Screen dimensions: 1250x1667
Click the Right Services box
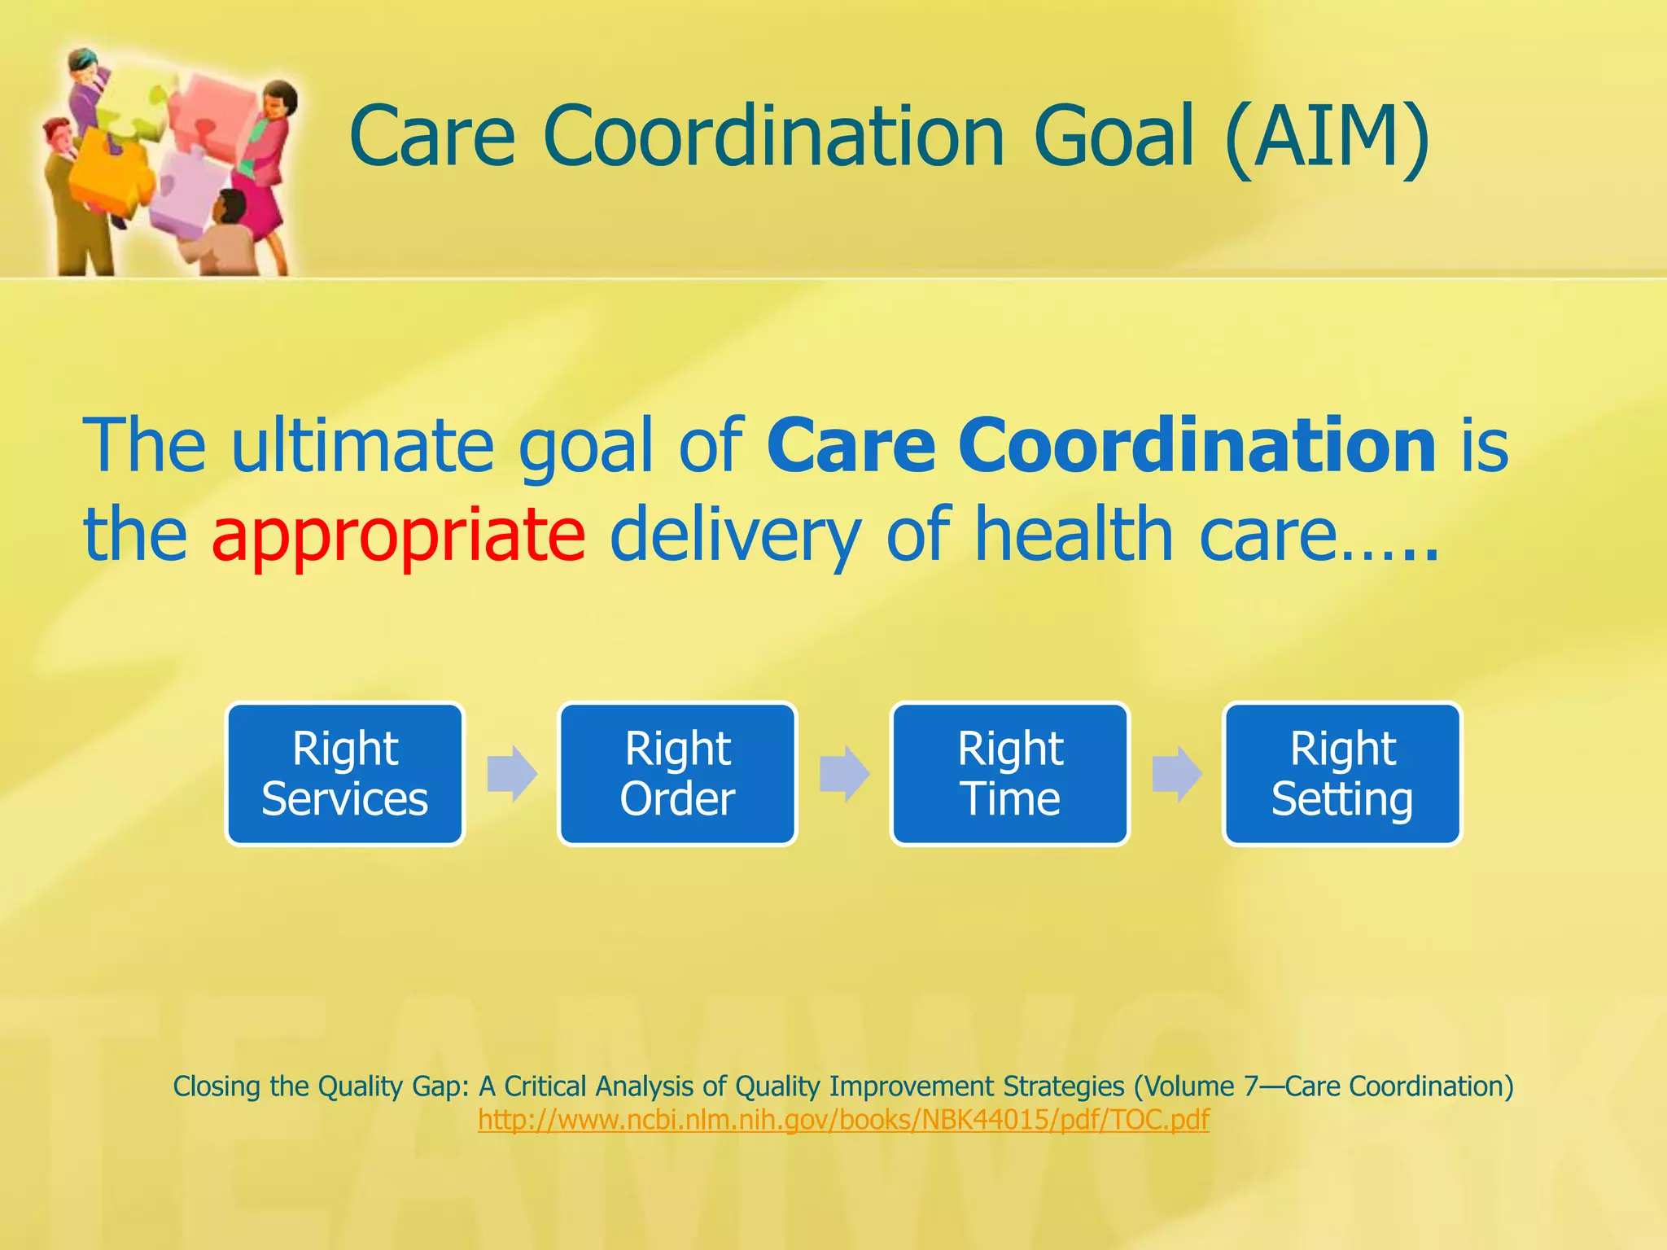click(x=345, y=774)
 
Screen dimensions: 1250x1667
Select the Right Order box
click(x=677, y=774)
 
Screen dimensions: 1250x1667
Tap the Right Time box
click(x=1010, y=774)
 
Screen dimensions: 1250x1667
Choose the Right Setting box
click(x=1342, y=774)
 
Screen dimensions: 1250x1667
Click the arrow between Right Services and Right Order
click(x=511, y=773)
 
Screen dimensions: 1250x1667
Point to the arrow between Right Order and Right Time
click(x=844, y=773)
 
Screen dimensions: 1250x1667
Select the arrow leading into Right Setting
click(x=1176, y=773)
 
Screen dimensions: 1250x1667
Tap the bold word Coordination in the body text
click(x=1197, y=445)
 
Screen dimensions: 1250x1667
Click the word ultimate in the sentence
click(x=362, y=445)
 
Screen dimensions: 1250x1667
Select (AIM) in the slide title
click(x=1326, y=136)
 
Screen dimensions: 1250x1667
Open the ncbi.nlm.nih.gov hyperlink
click(x=843, y=1120)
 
